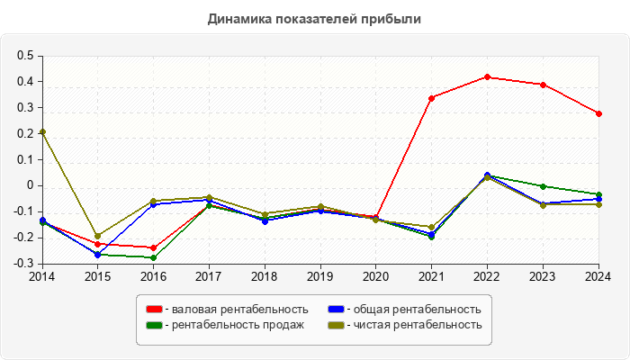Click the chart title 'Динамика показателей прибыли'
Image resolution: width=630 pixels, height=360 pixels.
314,18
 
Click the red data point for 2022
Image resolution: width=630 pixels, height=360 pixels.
488,76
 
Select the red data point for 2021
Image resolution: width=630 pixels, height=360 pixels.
432,97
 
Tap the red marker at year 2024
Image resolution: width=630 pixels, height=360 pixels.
599,113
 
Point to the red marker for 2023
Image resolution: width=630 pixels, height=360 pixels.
544,85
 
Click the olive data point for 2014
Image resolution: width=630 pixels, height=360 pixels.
42,132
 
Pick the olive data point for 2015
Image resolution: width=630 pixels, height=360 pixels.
98,236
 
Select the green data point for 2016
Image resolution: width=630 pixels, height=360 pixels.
153,257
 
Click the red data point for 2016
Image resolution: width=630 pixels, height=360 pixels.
153,247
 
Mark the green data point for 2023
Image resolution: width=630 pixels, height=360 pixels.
544,186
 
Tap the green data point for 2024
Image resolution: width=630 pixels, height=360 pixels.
599,194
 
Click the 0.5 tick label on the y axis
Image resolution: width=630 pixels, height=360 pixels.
25,56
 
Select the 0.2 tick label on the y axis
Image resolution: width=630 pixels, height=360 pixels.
25,134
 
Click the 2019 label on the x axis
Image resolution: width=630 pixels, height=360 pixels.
320,276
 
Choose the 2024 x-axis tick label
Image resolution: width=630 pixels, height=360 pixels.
598,276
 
